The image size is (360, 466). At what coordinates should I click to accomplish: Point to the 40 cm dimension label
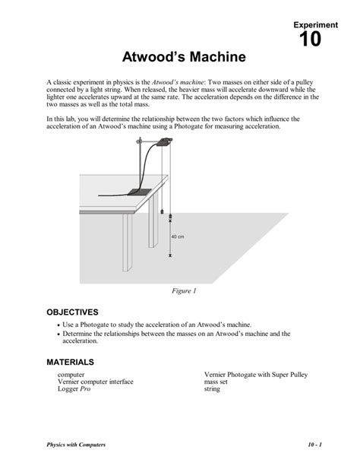click(178, 236)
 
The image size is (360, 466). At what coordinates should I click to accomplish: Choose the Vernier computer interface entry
click(95, 382)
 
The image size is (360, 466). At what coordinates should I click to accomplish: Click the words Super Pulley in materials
click(286, 375)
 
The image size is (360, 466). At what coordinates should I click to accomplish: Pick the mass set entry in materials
click(219, 382)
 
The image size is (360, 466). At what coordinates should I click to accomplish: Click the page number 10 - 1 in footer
click(315, 444)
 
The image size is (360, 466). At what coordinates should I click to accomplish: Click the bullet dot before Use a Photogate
click(60, 325)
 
